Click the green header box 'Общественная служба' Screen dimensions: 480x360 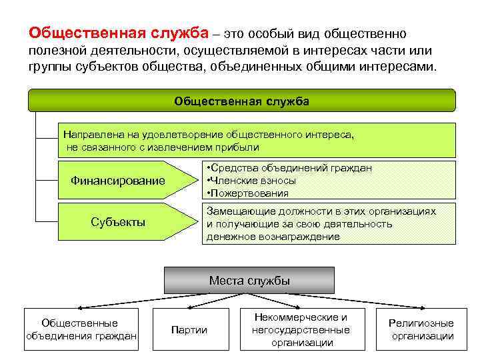point(241,101)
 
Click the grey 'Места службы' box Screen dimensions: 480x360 point(249,280)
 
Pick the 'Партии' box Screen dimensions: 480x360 point(189,329)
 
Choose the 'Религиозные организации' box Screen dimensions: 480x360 point(421,329)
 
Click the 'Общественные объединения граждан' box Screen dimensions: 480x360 point(81,329)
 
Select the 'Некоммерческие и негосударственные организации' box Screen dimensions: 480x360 point(301,329)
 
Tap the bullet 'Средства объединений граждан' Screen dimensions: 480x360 point(289,168)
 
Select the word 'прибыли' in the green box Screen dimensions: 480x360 point(241,147)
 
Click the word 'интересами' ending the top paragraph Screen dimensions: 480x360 point(402,67)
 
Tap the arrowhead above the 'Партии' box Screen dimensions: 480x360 point(188,307)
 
